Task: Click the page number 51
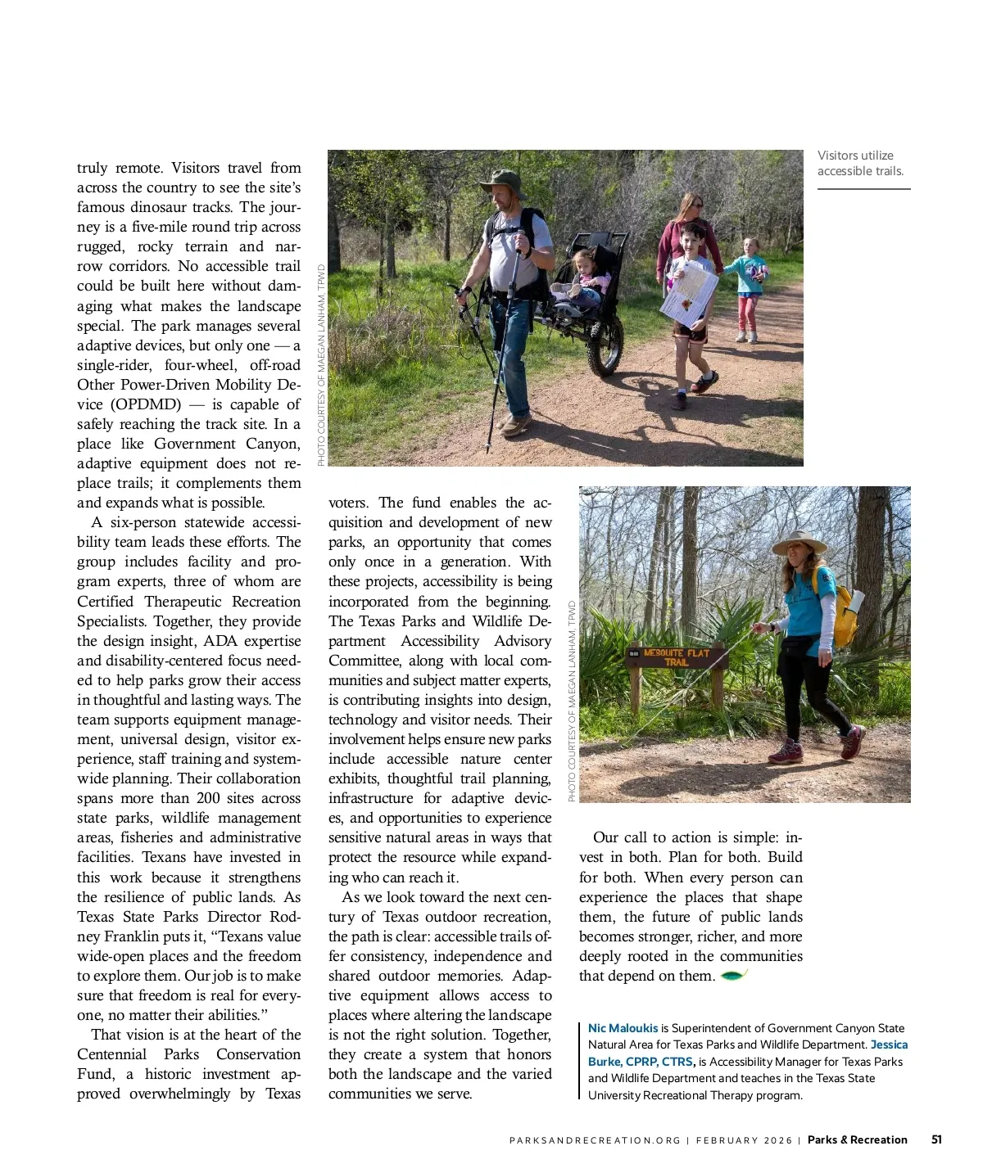[x=936, y=1139]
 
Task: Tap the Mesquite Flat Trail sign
[x=677, y=657]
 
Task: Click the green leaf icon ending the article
[x=733, y=975]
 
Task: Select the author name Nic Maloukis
[x=623, y=1028]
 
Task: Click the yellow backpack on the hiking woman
[x=844, y=610]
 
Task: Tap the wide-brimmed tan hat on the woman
[x=799, y=542]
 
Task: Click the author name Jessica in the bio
[x=889, y=1044]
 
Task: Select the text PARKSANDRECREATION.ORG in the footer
[x=595, y=1140]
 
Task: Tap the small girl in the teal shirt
[x=747, y=282]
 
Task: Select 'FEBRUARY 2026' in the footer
[x=744, y=1140]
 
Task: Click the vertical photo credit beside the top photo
[x=321, y=365]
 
